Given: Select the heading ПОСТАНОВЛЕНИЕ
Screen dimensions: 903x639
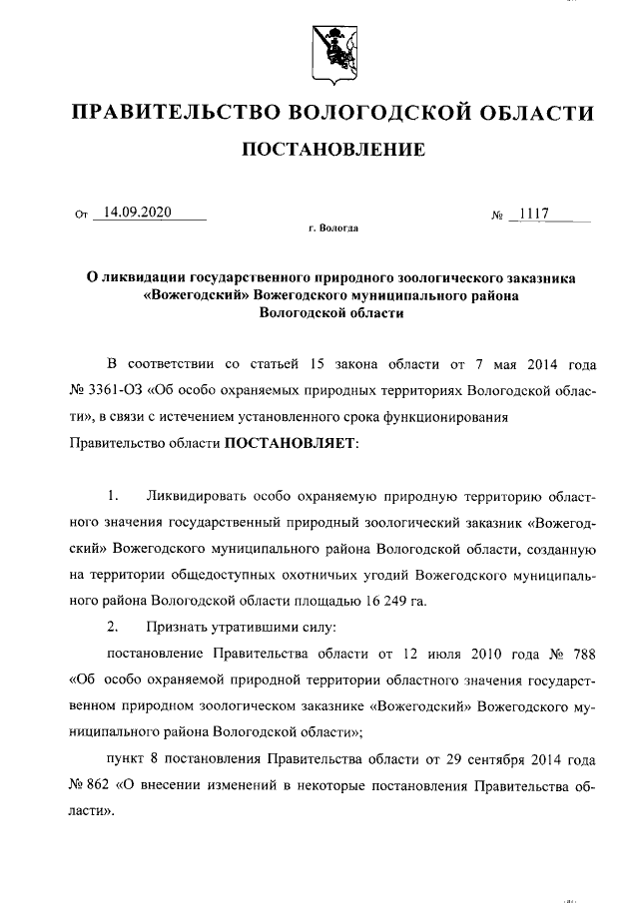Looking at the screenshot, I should [x=332, y=150].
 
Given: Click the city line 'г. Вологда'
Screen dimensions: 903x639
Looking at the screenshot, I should [x=333, y=228].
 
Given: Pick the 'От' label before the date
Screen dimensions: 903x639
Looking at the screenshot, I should [x=82, y=214].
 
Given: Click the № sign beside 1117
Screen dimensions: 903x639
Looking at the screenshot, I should [x=496, y=214].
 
